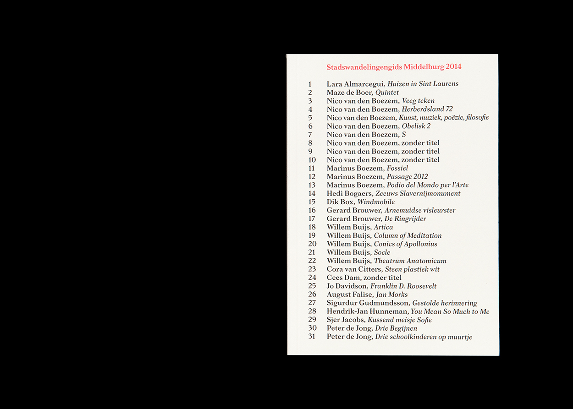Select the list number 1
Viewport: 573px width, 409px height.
click(310, 84)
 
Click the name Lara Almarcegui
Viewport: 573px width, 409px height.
click(355, 84)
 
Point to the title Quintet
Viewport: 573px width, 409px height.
click(387, 93)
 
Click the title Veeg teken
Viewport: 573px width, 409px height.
click(418, 101)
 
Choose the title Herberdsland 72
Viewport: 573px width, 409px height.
click(427, 109)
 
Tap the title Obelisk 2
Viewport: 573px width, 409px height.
click(416, 126)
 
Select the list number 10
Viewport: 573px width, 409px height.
click(312, 160)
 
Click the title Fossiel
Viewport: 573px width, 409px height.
click(397, 168)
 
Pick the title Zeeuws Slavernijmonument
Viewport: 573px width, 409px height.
click(418, 193)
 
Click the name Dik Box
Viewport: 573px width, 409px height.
click(340, 202)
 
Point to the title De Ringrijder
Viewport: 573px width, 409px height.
click(405, 219)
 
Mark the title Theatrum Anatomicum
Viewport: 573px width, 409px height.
click(410, 261)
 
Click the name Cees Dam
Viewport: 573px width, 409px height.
click(343, 278)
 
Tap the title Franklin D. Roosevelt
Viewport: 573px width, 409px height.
click(403, 286)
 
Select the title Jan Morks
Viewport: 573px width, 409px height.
click(391, 294)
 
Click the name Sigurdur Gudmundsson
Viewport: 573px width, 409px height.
click(367, 303)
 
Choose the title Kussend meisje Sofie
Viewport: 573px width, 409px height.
click(399, 320)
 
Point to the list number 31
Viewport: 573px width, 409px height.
click(312, 337)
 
